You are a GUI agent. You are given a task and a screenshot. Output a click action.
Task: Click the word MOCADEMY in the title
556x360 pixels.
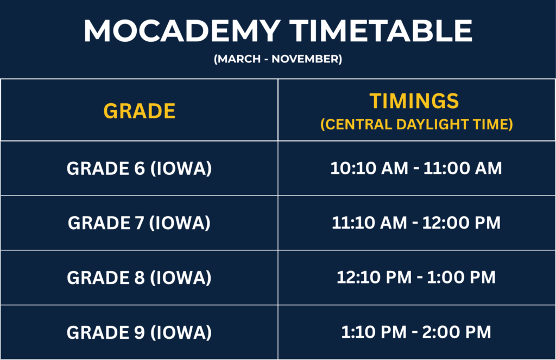(x=182, y=31)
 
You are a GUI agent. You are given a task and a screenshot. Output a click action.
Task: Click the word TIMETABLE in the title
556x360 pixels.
(x=381, y=31)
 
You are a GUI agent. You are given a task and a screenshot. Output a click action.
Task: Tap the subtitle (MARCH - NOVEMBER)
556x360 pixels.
(x=278, y=59)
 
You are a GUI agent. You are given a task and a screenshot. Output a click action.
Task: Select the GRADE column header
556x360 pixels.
(x=140, y=111)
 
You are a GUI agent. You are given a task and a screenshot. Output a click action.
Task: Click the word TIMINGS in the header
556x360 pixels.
(x=414, y=101)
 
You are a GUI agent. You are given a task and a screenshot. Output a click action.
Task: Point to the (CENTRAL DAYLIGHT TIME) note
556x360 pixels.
(x=416, y=124)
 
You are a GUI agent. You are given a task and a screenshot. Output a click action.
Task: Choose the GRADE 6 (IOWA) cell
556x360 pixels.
(x=139, y=168)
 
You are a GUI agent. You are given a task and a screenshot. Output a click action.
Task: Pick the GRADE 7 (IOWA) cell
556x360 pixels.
(x=139, y=223)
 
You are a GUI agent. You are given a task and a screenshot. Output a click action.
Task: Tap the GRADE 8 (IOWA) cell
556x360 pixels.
(x=139, y=277)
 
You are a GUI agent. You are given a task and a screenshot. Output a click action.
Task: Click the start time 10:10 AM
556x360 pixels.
(x=369, y=168)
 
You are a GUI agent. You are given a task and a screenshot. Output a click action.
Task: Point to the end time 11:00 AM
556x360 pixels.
(x=463, y=168)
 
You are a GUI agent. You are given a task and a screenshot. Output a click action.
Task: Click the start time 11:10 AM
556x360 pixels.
(x=369, y=223)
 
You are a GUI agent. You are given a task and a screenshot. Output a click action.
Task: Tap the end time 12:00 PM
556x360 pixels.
(x=462, y=223)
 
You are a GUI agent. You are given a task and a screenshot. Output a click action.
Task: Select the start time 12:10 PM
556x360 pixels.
(x=374, y=277)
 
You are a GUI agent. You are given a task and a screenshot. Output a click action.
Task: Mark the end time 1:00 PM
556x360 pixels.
(x=462, y=277)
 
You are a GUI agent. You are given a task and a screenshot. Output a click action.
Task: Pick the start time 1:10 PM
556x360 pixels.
(x=374, y=332)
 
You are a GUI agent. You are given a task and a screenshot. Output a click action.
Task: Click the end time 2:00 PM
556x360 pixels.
(x=457, y=332)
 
